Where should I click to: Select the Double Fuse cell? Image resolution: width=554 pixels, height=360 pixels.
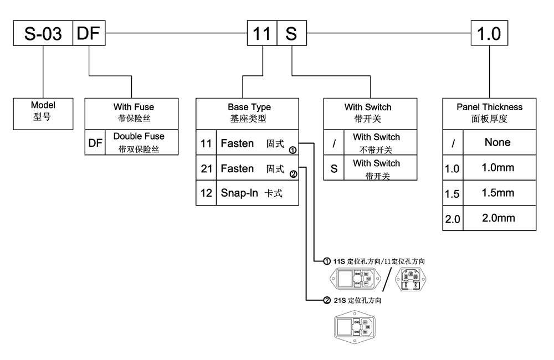(139, 142)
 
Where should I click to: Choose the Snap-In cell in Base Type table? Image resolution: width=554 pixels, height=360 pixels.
(257, 193)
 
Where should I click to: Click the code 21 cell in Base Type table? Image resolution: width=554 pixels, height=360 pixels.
(206, 168)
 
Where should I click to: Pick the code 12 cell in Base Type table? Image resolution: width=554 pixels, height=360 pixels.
(206, 193)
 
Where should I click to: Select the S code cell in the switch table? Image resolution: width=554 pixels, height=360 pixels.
(334, 168)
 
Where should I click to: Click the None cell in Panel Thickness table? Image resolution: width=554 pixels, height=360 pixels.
(497, 142)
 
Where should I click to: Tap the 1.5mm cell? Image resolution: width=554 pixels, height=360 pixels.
(497, 193)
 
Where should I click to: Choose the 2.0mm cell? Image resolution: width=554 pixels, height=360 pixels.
(497, 218)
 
